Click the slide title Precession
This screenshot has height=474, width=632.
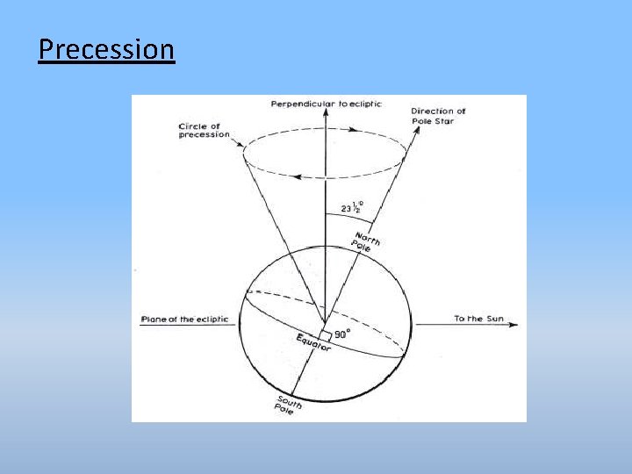coord(106,49)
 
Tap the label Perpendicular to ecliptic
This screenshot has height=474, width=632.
coord(327,104)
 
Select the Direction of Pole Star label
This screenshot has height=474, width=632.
coord(437,116)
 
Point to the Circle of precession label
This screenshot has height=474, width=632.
coord(204,130)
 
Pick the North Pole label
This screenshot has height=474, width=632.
coord(365,241)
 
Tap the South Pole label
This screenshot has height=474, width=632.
coord(288,405)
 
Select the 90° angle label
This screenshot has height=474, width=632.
coord(341,334)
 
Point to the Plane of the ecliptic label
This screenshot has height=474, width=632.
coord(184,320)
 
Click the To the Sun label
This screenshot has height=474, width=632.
coord(478,319)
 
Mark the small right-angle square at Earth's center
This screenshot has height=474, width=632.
coord(325,335)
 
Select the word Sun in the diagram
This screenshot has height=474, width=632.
coord(495,319)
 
